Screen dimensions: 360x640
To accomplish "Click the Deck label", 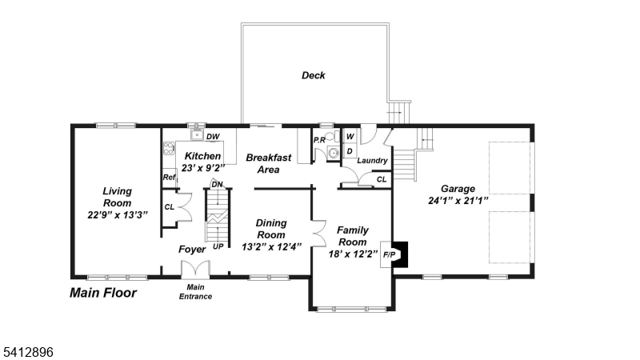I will [x=313, y=76].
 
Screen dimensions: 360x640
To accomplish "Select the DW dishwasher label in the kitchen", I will [x=213, y=137].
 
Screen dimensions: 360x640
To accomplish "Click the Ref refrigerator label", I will [x=169, y=178].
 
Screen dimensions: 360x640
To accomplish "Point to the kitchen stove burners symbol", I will [x=169, y=147].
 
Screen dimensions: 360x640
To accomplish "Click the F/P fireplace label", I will [x=390, y=254].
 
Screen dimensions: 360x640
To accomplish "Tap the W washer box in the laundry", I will [x=350, y=137].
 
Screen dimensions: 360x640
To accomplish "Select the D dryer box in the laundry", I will [x=350, y=150].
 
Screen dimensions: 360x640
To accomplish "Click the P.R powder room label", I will [x=319, y=139].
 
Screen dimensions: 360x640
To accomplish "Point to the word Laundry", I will [x=372, y=161].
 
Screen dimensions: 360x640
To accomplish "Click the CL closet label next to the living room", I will [x=169, y=207].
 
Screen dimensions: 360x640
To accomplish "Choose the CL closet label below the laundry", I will [x=382, y=179].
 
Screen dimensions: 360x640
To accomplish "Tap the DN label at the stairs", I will [x=216, y=184].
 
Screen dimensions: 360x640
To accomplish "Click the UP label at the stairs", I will [x=218, y=246].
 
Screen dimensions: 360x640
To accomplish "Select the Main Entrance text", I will [x=194, y=292].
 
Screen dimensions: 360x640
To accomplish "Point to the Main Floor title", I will [x=103, y=293].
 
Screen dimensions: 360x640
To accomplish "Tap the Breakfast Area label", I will [x=268, y=163].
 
